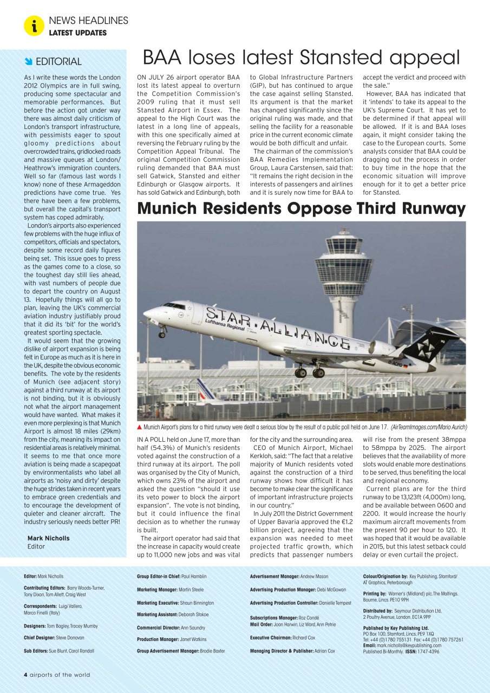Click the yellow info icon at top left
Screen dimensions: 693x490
pos(34,25)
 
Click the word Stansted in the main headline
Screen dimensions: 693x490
pos(338,57)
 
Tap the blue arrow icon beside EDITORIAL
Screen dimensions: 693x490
pos(29,61)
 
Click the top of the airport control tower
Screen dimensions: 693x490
pos(344,233)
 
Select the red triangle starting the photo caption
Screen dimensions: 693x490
pos(140,427)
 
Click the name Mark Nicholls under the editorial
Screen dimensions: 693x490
pos(48,538)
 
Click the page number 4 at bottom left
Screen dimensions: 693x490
pos(25,675)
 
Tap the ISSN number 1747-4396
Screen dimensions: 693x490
pos(428,651)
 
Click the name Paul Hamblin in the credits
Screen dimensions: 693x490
pos(194,577)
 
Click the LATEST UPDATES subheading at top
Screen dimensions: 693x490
pos(77,33)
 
